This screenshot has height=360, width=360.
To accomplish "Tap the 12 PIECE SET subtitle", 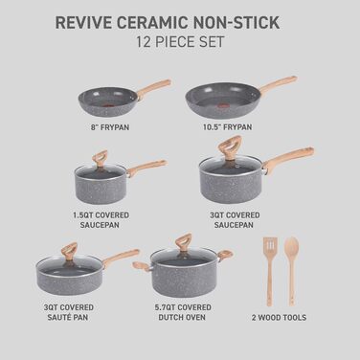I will pyautogui.click(x=180, y=43).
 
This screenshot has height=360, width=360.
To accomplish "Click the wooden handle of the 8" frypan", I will pyautogui.click(x=153, y=89).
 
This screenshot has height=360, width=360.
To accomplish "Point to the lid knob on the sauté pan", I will pyautogui.click(x=69, y=252).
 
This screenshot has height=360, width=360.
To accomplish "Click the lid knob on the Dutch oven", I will pyautogui.click(x=182, y=243).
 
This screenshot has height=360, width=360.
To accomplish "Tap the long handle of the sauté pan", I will pyautogui.click(x=121, y=258).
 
